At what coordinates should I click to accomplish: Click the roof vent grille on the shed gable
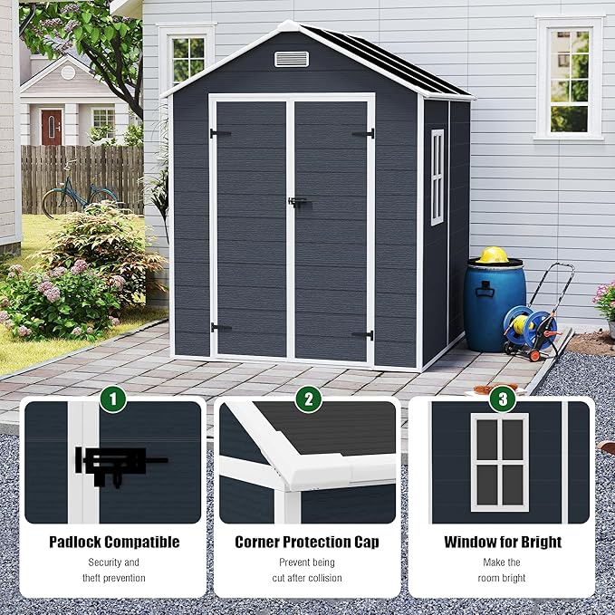click(x=292, y=59)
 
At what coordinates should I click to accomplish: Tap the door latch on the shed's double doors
click(x=295, y=202)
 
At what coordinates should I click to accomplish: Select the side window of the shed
click(x=437, y=177)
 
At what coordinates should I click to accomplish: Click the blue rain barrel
click(x=494, y=303)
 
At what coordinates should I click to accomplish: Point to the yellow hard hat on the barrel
click(x=494, y=255)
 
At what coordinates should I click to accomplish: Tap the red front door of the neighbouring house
click(x=52, y=127)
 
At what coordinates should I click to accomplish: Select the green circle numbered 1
click(x=112, y=399)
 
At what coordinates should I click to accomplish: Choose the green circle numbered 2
click(x=308, y=399)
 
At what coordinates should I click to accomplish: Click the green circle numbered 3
click(x=502, y=399)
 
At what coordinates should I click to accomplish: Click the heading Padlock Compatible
click(x=113, y=543)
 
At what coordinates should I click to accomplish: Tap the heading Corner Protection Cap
click(x=307, y=543)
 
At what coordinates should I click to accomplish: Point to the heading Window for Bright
click(x=503, y=543)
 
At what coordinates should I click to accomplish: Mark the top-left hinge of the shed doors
click(x=219, y=134)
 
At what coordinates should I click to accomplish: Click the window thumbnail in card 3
click(x=499, y=462)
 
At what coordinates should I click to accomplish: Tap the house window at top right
click(x=569, y=77)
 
